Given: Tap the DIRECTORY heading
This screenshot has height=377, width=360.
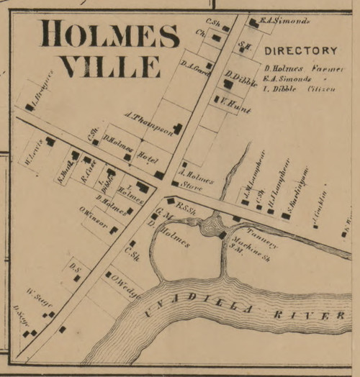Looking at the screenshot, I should pos(300,51).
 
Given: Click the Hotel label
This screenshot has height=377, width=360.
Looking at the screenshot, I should pos(147,156).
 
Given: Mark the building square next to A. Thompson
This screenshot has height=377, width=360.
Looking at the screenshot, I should pos(176,129).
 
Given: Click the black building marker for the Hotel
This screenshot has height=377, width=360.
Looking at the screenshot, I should pos(158,174).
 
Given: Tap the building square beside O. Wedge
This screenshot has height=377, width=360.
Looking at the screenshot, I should pos(109,274).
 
